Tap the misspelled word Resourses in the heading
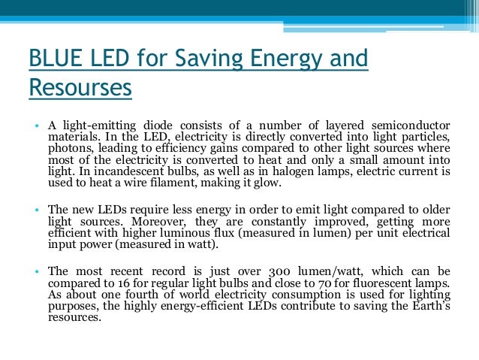[80, 88]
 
